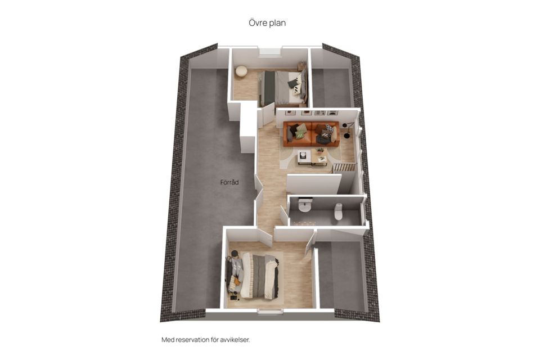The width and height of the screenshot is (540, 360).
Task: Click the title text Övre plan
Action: click(267, 22)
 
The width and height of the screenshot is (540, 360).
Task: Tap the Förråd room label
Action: click(229, 182)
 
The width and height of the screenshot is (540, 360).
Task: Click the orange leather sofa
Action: click(311, 134)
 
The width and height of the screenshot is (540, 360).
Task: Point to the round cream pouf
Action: click(241, 71)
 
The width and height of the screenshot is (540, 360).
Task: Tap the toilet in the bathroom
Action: click(338, 211)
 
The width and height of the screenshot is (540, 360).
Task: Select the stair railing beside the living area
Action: click(344, 168)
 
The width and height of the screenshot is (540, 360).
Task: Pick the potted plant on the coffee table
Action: click(320, 151)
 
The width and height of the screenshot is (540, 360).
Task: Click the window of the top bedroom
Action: click(271, 52)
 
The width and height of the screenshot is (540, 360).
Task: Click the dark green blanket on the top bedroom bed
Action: click(269, 88)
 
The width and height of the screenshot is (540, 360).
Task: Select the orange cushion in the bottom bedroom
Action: click(237, 282)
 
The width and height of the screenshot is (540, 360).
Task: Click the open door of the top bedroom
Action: click(268, 115)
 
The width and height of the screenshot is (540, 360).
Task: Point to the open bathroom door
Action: click(283, 215)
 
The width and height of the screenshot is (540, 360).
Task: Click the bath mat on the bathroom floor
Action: click(304, 223)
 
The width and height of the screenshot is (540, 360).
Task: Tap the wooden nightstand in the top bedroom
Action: click(301, 65)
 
